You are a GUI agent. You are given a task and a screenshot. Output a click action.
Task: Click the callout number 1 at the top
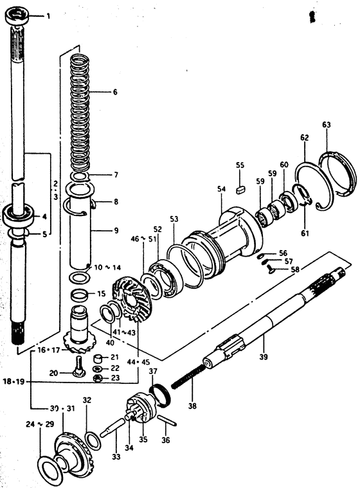pos(48,16)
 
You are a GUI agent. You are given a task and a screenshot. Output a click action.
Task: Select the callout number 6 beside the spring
pos(115,92)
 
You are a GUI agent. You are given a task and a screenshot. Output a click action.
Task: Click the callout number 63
pos(327,125)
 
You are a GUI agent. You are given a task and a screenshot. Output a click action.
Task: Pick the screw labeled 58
pos(270,271)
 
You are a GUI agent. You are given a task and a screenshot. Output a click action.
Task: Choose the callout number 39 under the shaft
pos(263,356)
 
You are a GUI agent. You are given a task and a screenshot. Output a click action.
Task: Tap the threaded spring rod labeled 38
pos(188,377)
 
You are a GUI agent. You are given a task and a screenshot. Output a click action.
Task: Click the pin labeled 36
pos(167,420)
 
